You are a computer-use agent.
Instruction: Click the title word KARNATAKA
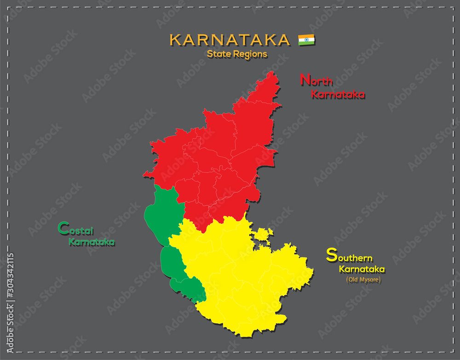(230, 40)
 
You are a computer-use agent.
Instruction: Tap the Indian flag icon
(306, 40)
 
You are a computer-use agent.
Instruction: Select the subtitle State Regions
(237, 54)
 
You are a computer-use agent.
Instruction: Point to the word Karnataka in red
(338, 94)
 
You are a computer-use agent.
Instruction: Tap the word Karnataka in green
(92, 242)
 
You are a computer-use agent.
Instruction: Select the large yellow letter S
(331, 255)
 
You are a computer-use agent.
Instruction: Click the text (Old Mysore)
(363, 279)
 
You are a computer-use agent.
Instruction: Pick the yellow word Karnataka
(362, 269)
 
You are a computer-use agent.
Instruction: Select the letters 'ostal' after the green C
(81, 230)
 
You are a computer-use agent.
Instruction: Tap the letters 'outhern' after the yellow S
(355, 258)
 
